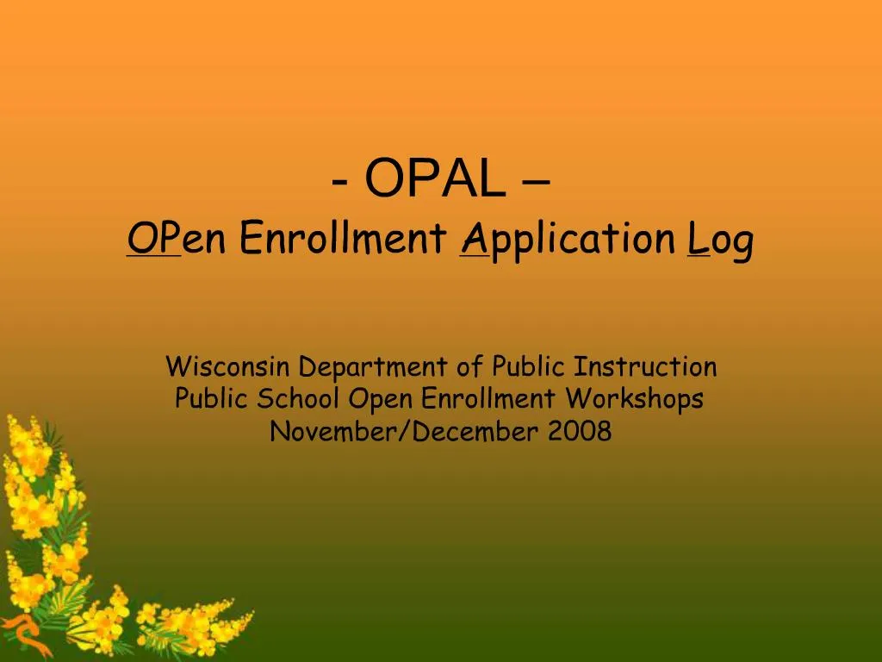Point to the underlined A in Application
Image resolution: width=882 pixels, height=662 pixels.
pos(473,239)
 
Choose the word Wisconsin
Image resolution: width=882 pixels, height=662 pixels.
pos(228,366)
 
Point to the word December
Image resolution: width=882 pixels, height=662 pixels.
pos(475,430)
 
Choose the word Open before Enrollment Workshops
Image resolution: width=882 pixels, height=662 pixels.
pos(381,400)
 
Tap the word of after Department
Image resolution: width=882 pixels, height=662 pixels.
pos(469,366)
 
